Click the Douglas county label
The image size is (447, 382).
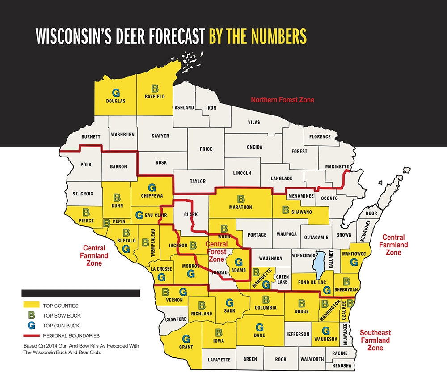115,101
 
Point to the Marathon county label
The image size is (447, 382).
241,207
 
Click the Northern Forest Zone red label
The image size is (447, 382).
283,100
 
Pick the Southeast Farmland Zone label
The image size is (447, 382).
375,340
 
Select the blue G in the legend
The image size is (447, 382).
31,325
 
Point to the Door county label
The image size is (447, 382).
371,214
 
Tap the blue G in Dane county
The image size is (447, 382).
259,327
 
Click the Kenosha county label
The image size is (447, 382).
341,365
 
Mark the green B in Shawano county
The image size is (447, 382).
286,208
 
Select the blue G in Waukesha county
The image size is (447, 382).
325,331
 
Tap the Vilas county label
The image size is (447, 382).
254,122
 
